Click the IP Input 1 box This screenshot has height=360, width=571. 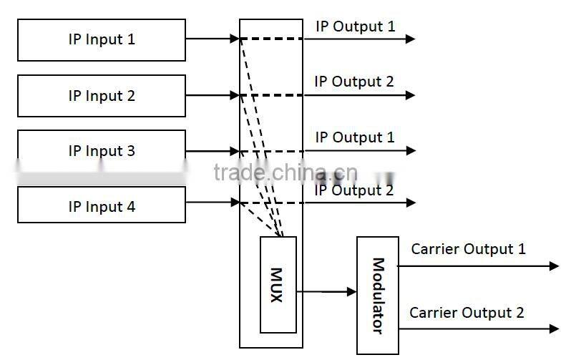101,39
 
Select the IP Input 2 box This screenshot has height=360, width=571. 101,95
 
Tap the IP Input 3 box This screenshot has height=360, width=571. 101,151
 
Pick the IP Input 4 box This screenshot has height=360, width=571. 101,207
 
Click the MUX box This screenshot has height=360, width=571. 278,285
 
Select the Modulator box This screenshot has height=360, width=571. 377,295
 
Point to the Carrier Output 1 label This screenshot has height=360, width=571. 468,250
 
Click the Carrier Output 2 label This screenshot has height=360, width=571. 467,313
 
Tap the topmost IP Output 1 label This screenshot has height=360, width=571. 356,27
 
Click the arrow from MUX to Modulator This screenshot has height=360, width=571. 326,291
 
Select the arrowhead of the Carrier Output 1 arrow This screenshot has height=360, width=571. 554,266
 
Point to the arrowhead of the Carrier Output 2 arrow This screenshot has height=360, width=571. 554,329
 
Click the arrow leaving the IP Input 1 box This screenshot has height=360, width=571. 212,39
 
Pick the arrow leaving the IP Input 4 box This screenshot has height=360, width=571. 212,203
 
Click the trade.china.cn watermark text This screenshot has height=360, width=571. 285,172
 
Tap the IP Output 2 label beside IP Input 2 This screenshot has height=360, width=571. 354,82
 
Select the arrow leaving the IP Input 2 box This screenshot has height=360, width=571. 212,94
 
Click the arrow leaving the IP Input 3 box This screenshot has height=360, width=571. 212,151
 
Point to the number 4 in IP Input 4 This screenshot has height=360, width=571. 131,207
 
